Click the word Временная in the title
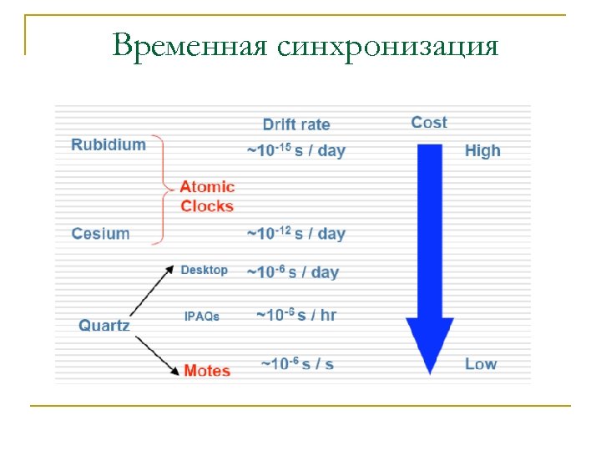click(x=190, y=45)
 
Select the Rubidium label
click(x=109, y=144)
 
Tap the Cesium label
click(x=100, y=233)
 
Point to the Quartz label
click(x=104, y=326)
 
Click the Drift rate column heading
click(x=296, y=124)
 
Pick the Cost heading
click(x=429, y=123)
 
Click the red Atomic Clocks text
click(x=207, y=196)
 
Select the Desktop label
click(x=204, y=270)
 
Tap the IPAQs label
click(x=202, y=317)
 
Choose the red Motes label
click(x=207, y=370)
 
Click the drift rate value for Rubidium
click(x=295, y=150)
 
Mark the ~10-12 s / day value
click(x=295, y=233)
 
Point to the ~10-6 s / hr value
click(x=295, y=315)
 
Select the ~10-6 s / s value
click(x=297, y=364)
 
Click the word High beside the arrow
click(x=482, y=151)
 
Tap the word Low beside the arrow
click(x=481, y=364)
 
